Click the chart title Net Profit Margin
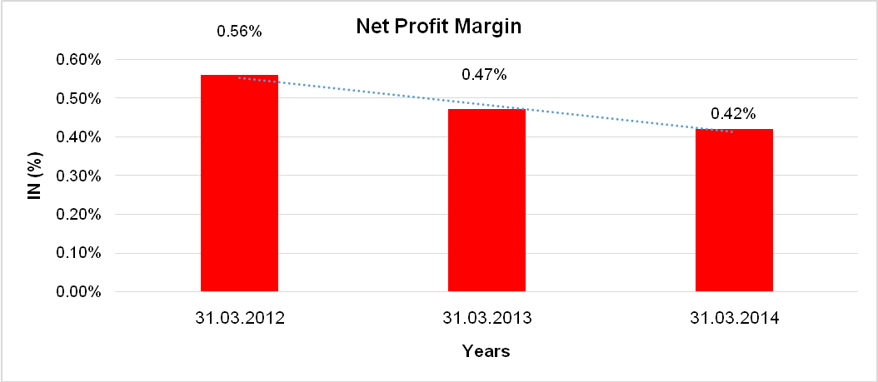(x=438, y=27)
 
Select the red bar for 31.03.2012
(x=239, y=183)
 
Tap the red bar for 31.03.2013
(x=486, y=200)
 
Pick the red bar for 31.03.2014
(x=734, y=210)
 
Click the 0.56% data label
(x=239, y=31)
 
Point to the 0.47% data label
(x=485, y=75)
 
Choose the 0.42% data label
(x=733, y=113)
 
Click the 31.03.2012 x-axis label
(x=240, y=319)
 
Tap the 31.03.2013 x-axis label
(x=486, y=319)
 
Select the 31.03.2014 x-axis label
(x=734, y=319)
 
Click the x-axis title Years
(x=486, y=351)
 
